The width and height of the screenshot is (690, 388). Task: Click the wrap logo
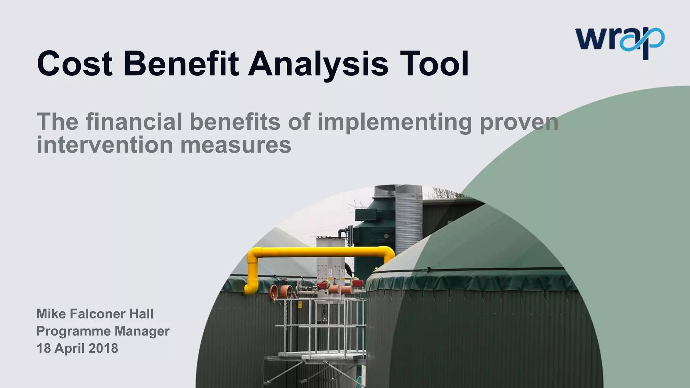(x=620, y=43)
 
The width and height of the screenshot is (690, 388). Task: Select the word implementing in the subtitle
(x=395, y=123)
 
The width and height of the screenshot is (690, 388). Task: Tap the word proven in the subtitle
(x=519, y=123)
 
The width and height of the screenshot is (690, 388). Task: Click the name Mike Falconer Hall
(x=95, y=314)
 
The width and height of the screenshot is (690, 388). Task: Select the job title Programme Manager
(x=103, y=331)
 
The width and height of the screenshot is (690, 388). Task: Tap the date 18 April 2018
(x=77, y=348)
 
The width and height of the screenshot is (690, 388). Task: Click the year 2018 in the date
(x=103, y=348)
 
